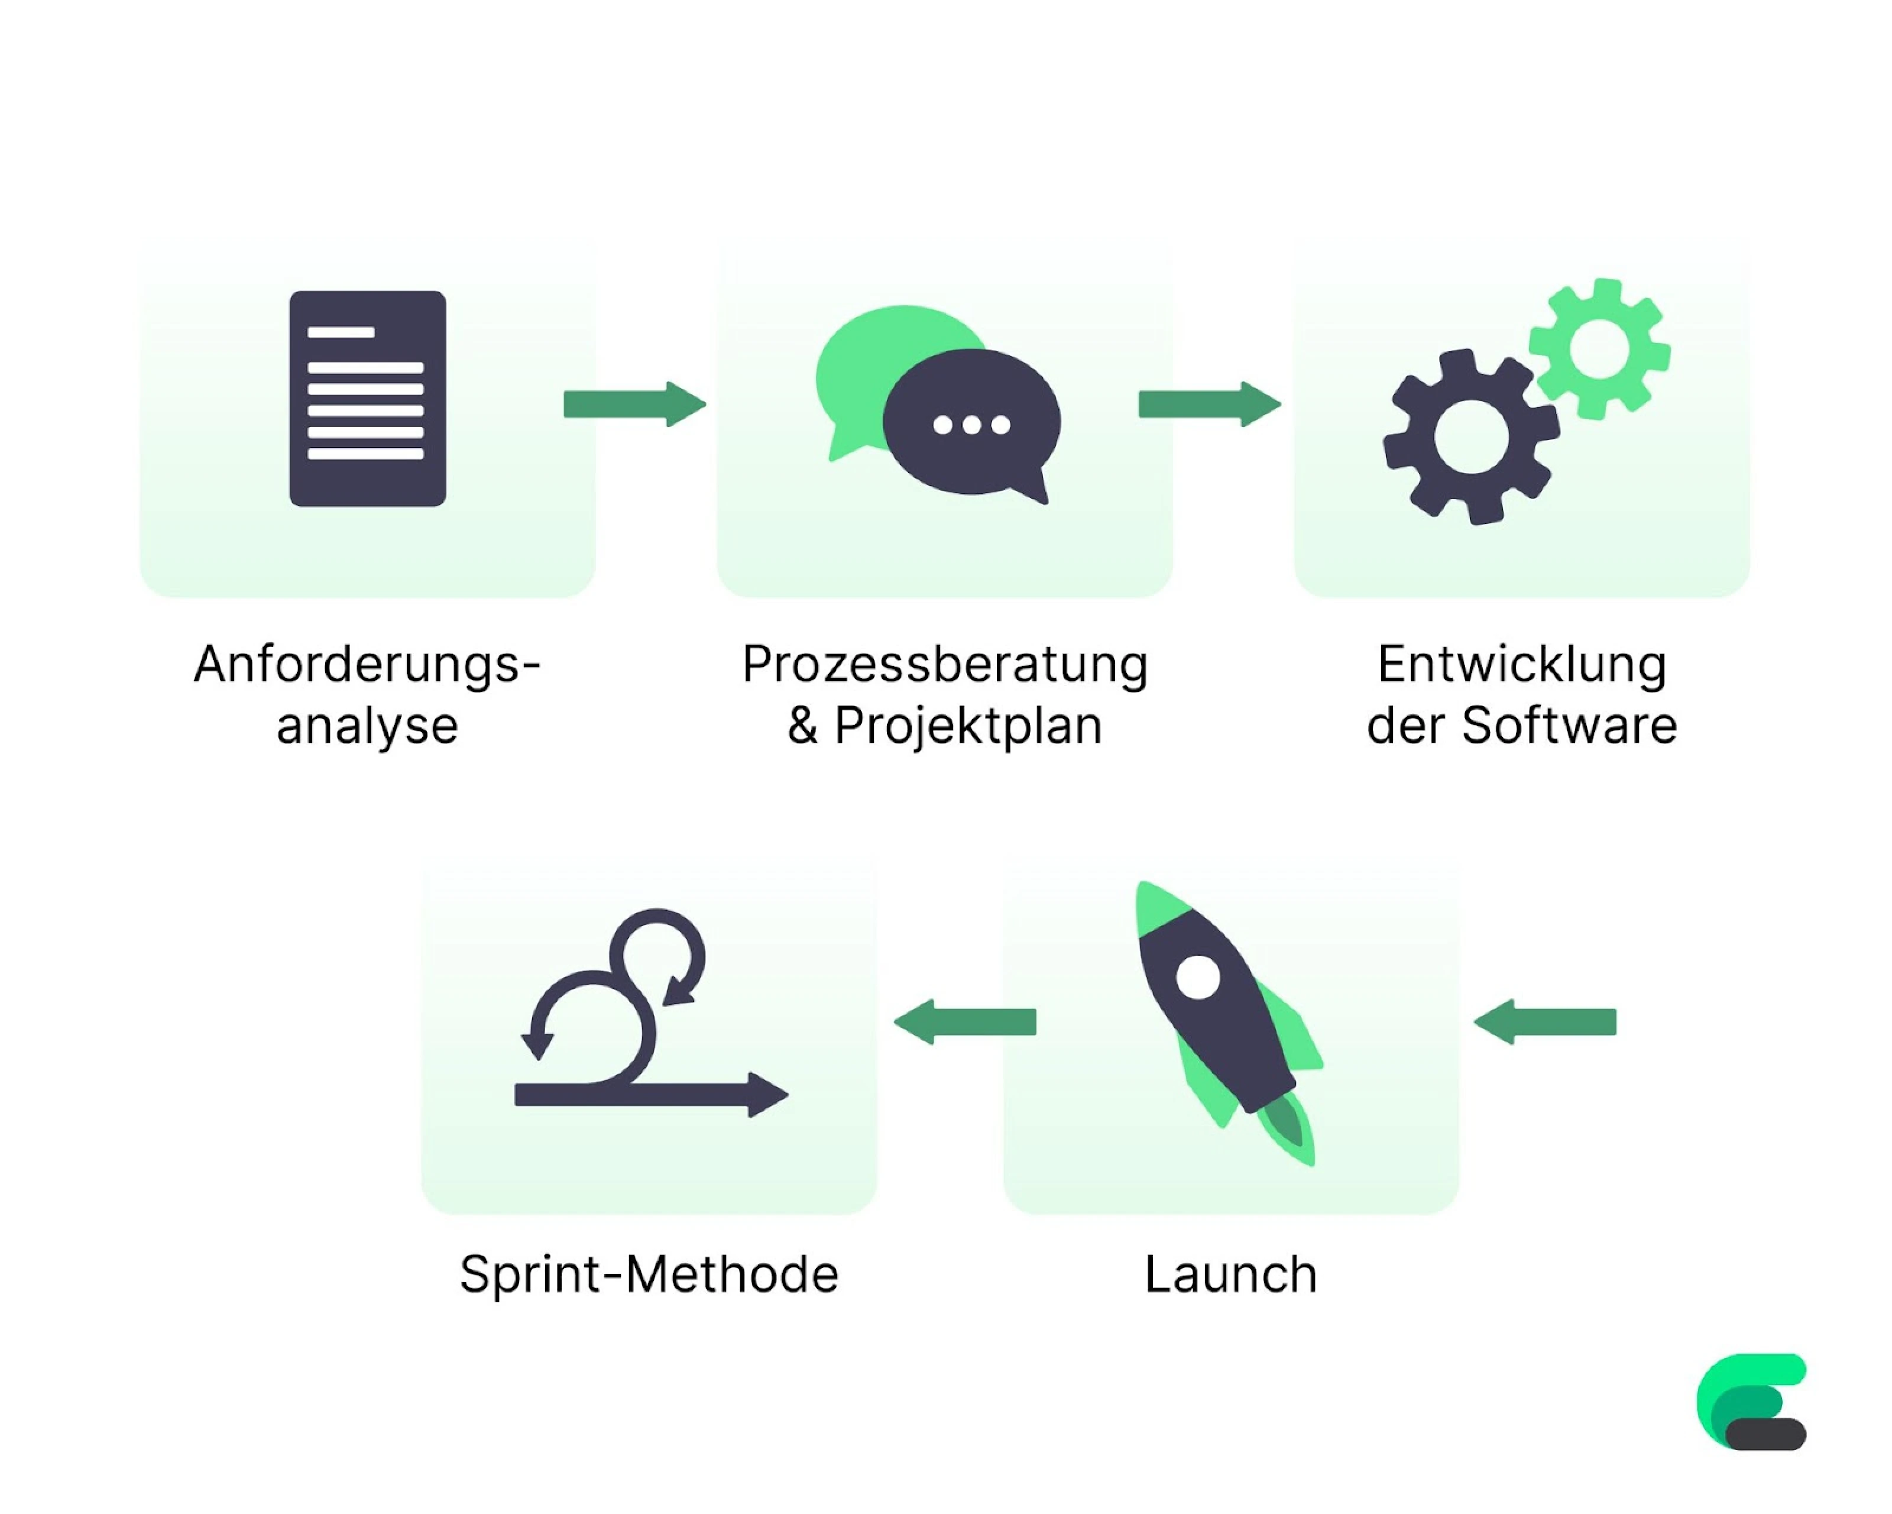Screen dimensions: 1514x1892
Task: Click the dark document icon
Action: click(368, 399)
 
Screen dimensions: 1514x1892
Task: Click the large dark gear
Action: click(1471, 436)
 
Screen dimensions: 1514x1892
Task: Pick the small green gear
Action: click(1599, 348)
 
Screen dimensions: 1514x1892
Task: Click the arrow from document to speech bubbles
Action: click(634, 404)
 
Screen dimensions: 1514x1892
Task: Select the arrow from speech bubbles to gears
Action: click(1209, 404)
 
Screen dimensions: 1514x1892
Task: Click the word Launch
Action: click(1230, 1274)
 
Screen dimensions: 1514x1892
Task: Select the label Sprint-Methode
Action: click(649, 1274)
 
